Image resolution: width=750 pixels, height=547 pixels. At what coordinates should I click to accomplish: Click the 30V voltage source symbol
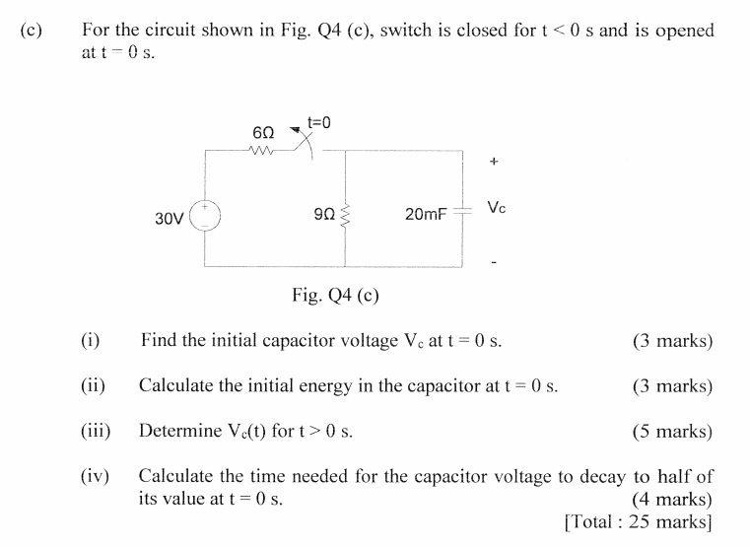pyautogui.click(x=206, y=216)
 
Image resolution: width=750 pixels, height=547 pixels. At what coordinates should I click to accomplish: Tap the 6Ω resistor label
pyautogui.click(x=263, y=132)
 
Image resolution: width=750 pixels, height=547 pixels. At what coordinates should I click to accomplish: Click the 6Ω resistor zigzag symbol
pyautogui.click(x=263, y=151)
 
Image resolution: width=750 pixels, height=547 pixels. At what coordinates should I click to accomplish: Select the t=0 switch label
pyautogui.click(x=319, y=122)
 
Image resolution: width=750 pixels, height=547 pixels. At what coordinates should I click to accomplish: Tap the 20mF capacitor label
pyautogui.click(x=426, y=214)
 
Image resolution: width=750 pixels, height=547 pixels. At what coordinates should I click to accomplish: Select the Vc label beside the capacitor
pyautogui.click(x=497, y=208)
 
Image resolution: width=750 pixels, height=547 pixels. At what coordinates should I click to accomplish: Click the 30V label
pyautogui.click(x=170, y=217)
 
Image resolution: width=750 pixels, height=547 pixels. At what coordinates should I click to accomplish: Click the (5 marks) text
pyautogui.click(x=672, y=431)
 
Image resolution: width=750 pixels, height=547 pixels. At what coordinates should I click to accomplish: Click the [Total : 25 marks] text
pyautogui.click(x=638, y=520)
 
